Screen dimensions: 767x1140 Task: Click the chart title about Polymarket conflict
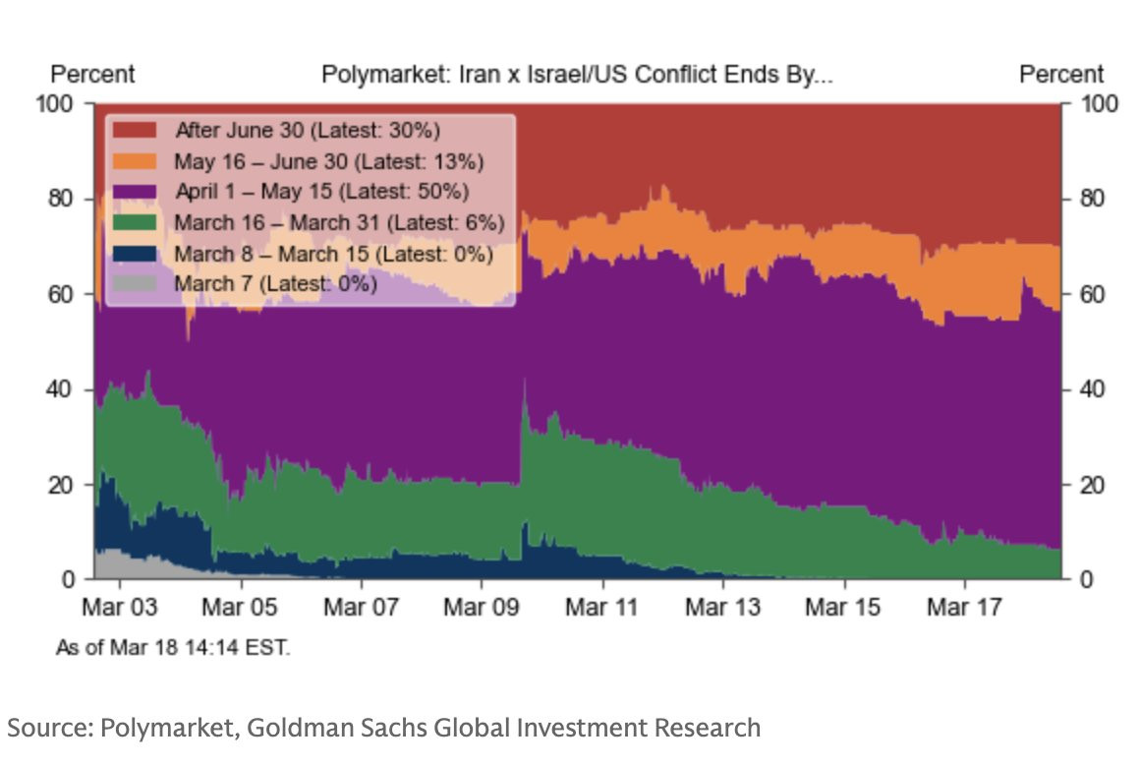pos(577,75)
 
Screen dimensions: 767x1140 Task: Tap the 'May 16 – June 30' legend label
pos(329,161)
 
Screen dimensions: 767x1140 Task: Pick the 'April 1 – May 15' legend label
pos(321,192)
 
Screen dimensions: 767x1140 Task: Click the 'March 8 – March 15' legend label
pos(333,254)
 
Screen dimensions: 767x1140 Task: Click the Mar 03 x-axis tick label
pos(119,607)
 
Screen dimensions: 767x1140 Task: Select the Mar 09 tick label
pos(481,607)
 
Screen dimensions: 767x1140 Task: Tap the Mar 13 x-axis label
pos(722,607)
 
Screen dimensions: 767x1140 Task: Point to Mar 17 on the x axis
pos(964,607)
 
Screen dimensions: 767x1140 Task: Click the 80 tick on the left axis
pos(62,199)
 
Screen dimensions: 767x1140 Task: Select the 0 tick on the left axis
pos(69,579)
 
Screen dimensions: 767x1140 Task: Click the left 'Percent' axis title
pos(92,75)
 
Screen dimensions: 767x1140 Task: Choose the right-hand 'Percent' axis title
pos(1061,75)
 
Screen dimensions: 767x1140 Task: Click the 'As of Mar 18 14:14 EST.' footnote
pos(173,648)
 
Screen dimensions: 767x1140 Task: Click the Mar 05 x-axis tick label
pos(240,607)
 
